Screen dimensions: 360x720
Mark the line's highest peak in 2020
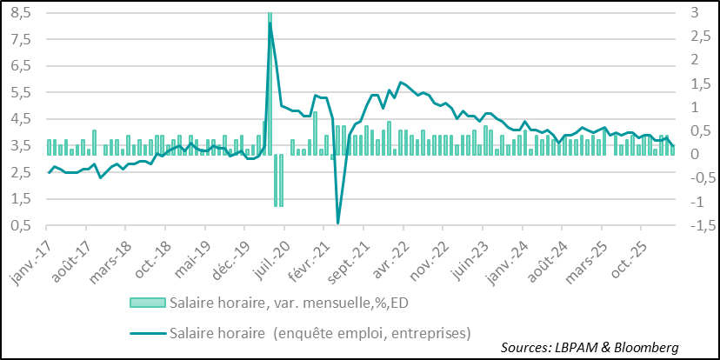pyautogui.click(x=270, y=23)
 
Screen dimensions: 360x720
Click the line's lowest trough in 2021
pyautogui.click(x=337, y=223)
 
